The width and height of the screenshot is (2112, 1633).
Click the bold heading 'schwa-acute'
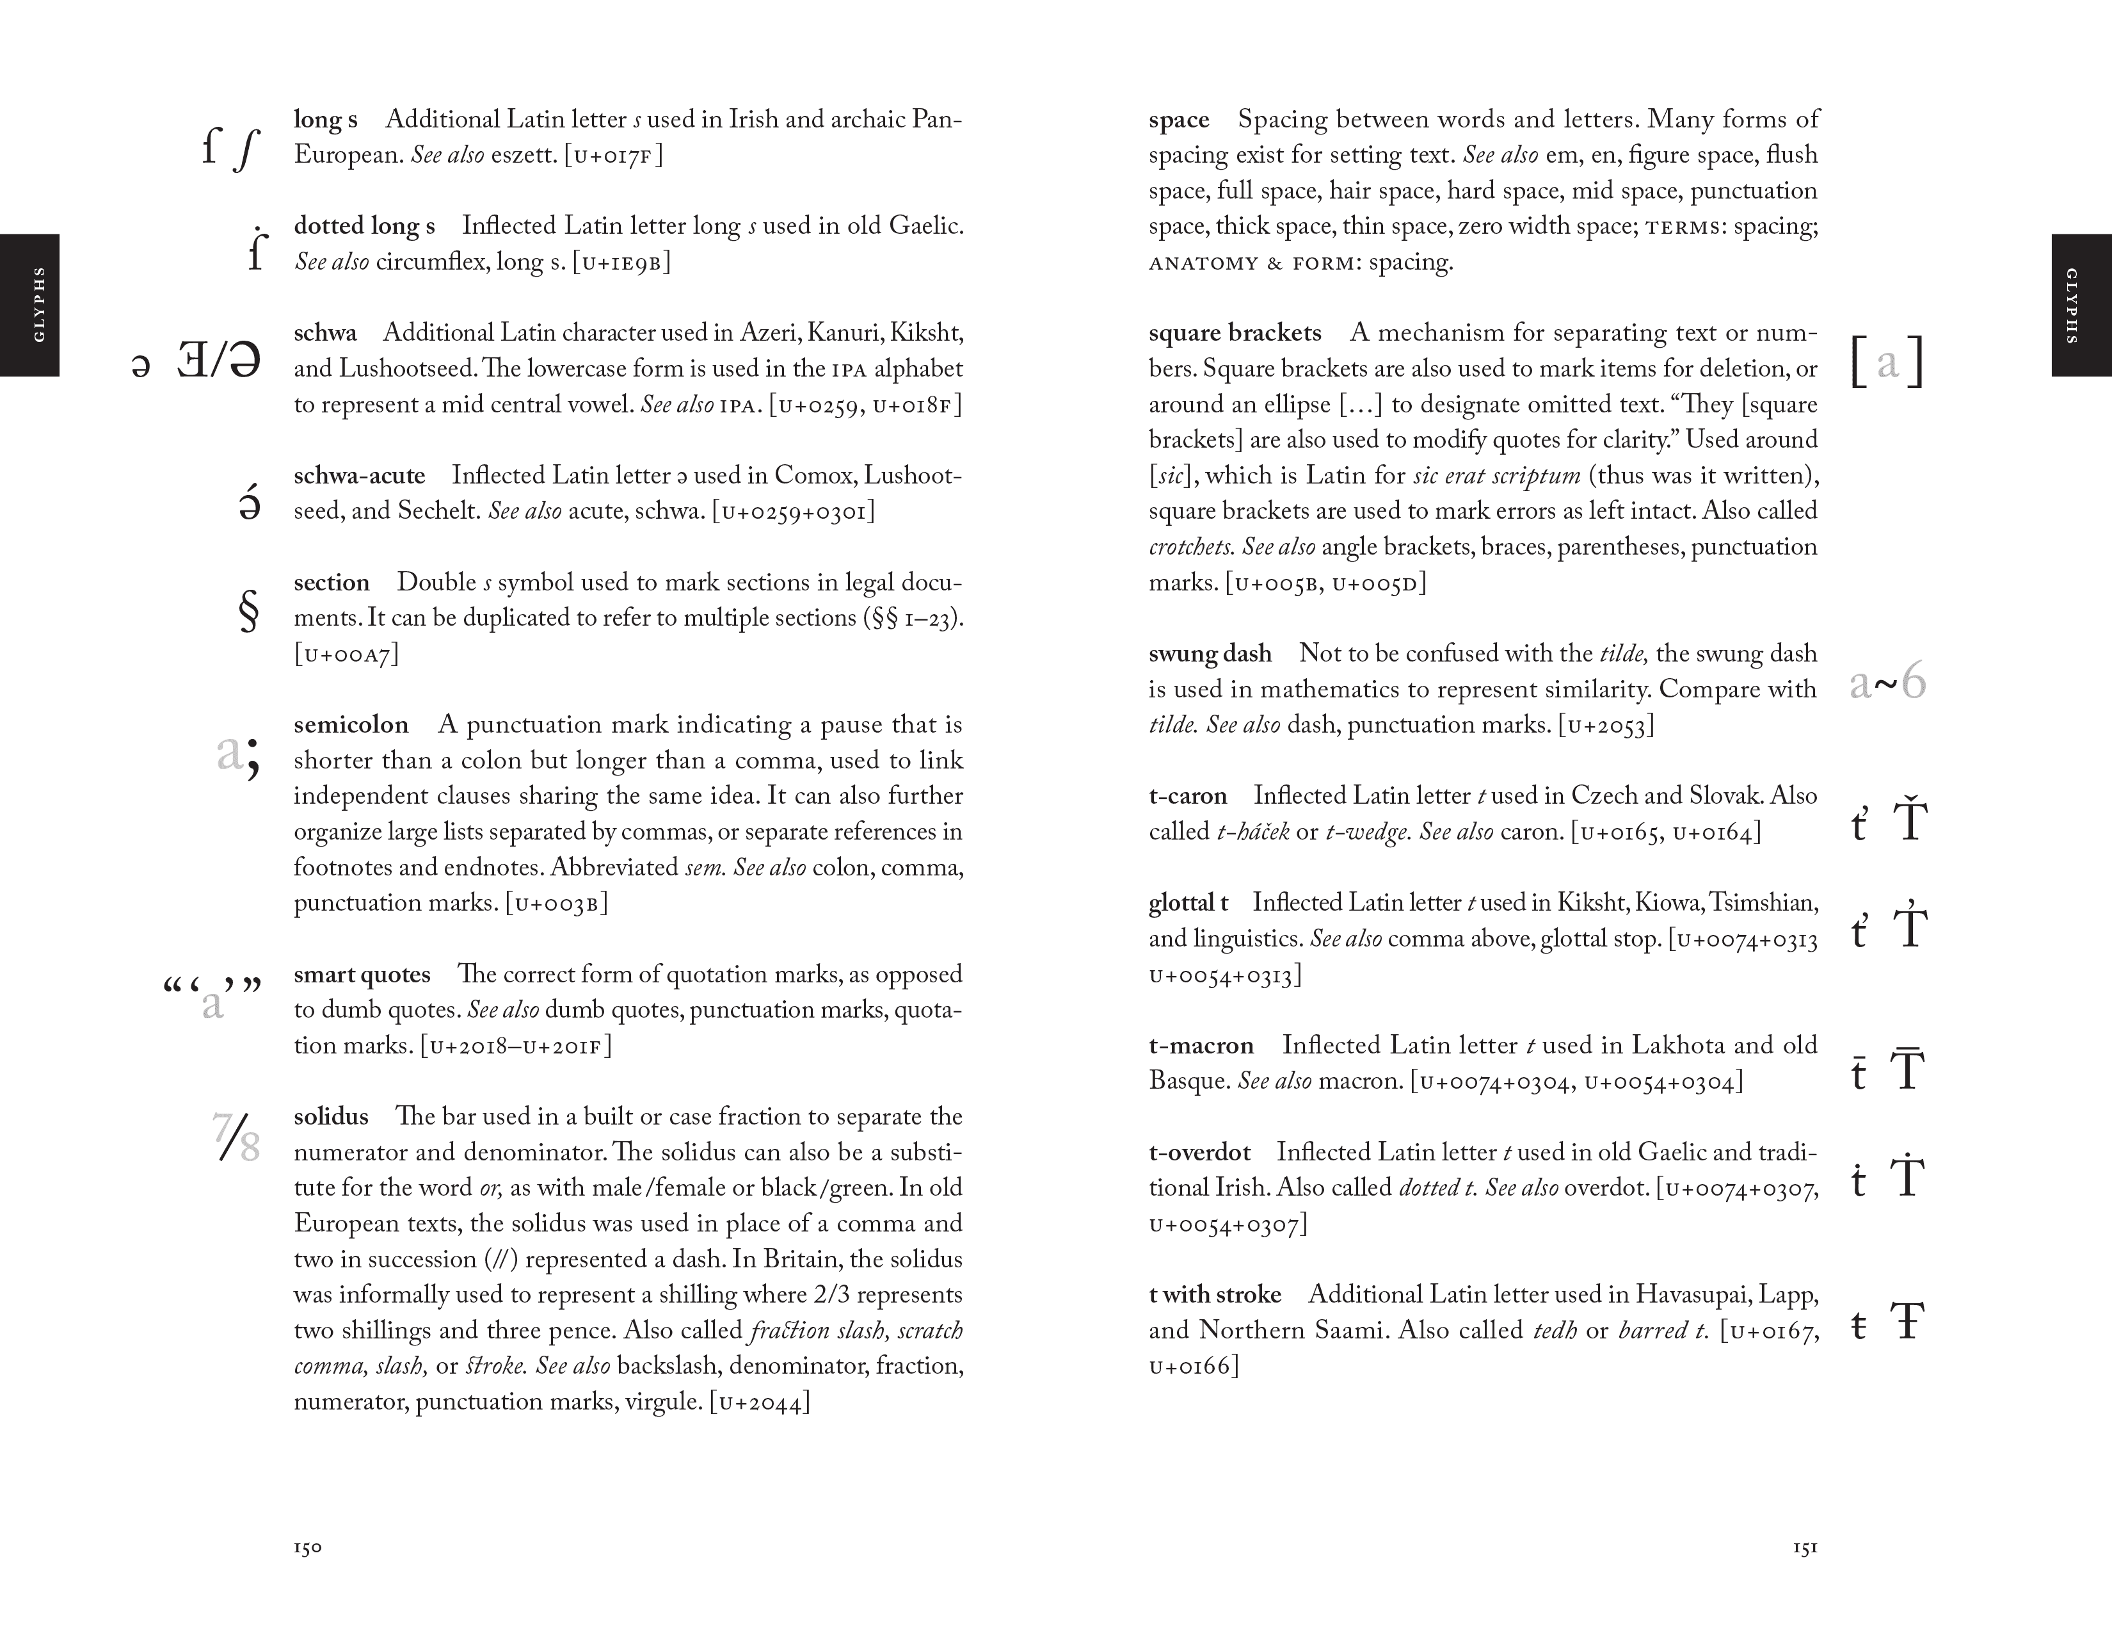tap(360, 476)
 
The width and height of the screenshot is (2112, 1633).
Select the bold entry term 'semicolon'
tap(351, 724)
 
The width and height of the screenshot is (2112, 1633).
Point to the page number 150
tap(307, 1548)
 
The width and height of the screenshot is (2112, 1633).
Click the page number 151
tap(1805, 1548)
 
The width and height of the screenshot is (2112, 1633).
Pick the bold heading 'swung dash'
tap(1210, 654)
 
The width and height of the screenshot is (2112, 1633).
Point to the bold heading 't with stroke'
tap(1215, 1294)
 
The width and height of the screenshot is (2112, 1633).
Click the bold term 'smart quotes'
tap(362, 974)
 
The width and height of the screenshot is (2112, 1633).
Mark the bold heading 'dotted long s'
tap(365, 226)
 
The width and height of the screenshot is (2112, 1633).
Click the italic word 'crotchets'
tap(1190, 548)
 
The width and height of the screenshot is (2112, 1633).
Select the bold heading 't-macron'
tap(1201, 1046)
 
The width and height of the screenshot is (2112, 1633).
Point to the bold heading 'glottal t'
tap(1188, 902)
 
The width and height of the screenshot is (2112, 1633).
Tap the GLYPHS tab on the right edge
tap(2081, 305)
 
